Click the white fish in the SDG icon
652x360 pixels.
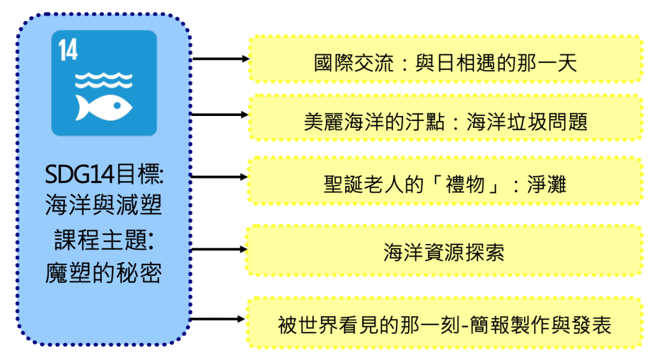coord(104,108)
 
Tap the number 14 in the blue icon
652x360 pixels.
coord(67,50)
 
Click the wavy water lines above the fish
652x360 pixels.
coord(104,80)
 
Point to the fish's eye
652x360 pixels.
coord(117,106)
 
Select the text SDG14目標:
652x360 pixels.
coord(104,174)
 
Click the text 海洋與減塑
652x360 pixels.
coord(103,205)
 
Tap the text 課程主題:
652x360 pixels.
coord(104,240)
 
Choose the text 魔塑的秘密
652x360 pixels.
coord(103,273)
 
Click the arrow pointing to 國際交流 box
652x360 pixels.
coord(221,59)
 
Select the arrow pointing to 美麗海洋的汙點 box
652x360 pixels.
coord(220,115)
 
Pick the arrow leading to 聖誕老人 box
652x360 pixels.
coord(219,177)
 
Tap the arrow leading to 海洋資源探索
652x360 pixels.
coord(219,249)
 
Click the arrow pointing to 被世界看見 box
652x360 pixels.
coord(218,319)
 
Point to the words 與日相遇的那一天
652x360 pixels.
coord(496,63)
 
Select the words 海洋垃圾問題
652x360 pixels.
coord(527,122)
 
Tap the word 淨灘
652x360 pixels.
coord(547,184)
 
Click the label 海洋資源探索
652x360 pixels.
coord(444,252)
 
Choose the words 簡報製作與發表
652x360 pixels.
coord(541,325)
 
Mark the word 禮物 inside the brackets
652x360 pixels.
coord(465,184)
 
